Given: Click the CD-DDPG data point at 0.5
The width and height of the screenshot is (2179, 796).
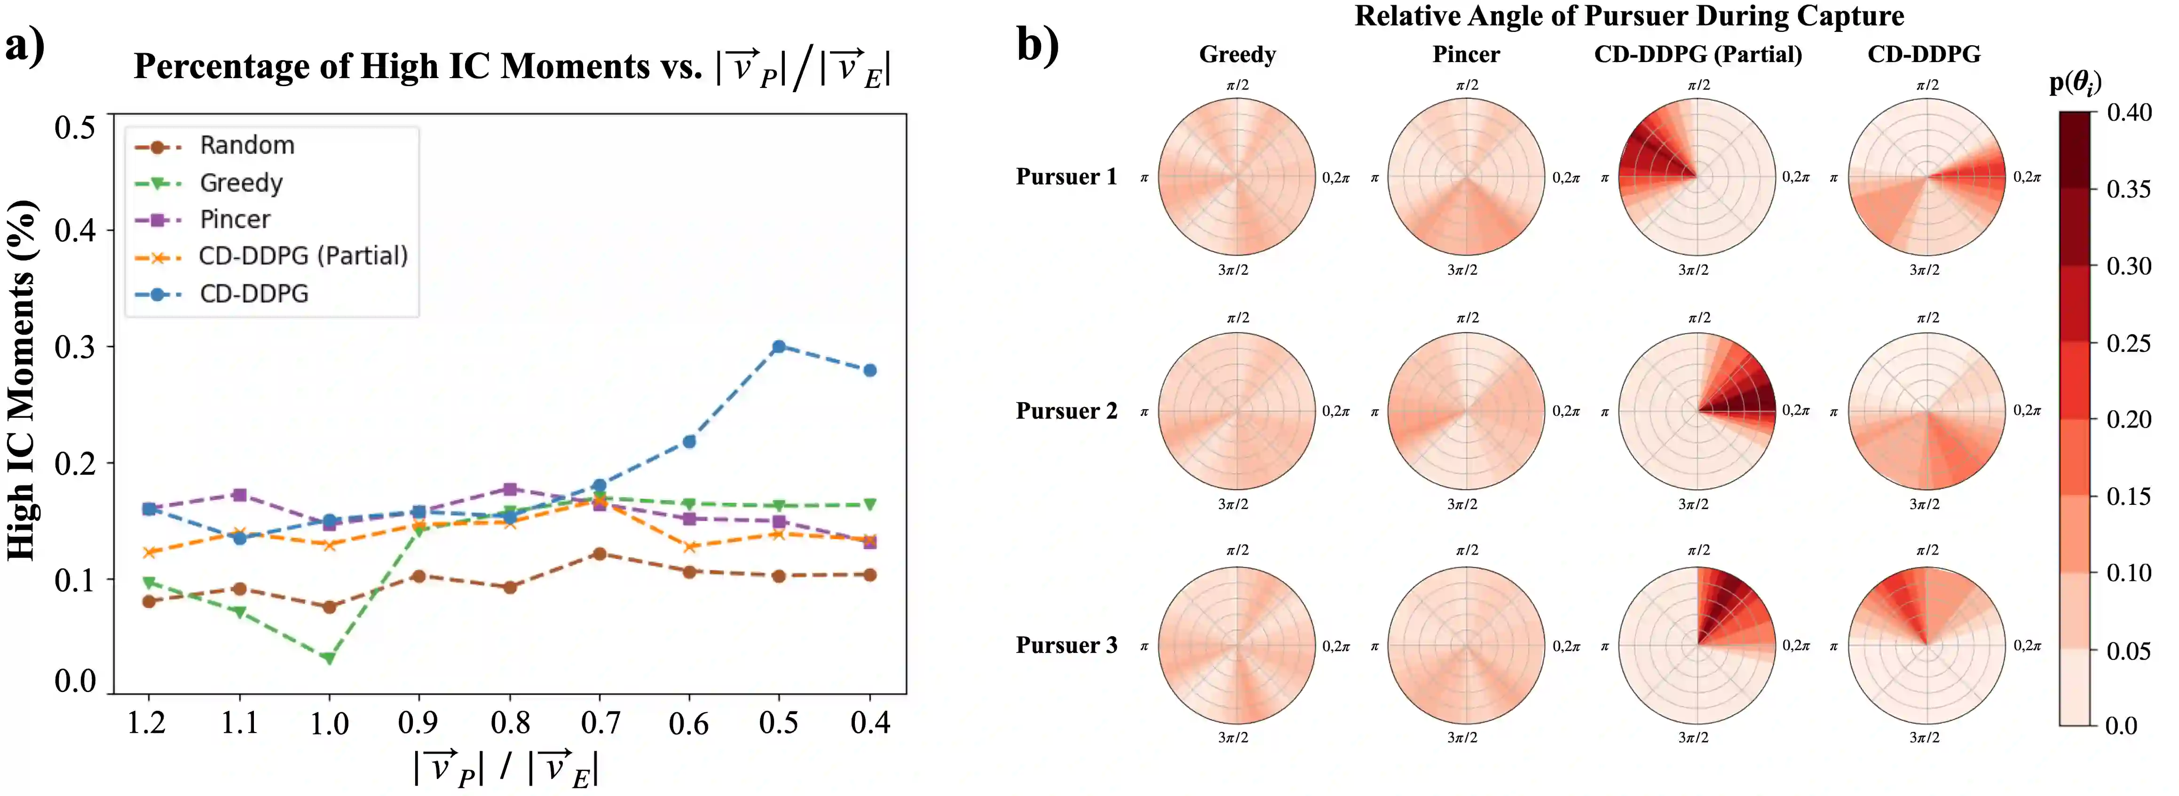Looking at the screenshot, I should [x=778, y=347].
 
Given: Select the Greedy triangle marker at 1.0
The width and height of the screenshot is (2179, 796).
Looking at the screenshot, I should [x=329, y=658].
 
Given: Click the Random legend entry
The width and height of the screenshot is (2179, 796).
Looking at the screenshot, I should [x=247, y=145].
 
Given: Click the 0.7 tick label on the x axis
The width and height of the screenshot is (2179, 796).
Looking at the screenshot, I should [x=600, y=723].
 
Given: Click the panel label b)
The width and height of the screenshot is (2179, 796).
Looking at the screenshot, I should [x=1037, y=44].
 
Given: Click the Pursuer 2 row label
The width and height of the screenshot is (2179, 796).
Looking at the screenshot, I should [x=1066, y=411].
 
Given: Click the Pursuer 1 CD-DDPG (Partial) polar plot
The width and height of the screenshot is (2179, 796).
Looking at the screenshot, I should [x=1697, y=177].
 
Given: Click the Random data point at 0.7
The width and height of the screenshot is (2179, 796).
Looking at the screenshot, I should [x=600, y=554].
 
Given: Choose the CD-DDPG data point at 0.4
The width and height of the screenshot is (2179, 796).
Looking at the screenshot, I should [x=869, y=371].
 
